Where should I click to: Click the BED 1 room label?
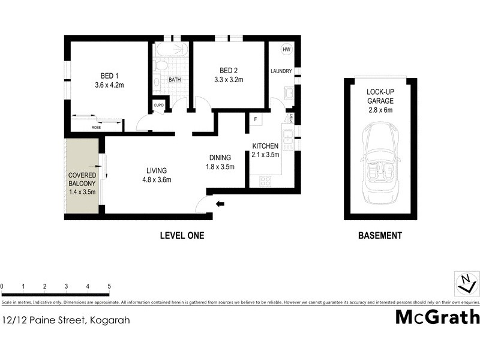[109, 76]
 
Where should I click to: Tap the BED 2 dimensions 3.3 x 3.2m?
[230, 79]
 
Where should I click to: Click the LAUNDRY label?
[281, 71]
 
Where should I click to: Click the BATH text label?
[175, 79]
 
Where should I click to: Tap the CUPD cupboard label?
[158, 105]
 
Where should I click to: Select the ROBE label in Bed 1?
[96, 128]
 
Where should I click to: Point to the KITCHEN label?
[265, 146]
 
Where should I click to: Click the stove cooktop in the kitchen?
[265, 180]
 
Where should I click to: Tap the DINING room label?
[220, 158]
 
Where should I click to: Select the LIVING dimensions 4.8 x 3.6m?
[157, 179]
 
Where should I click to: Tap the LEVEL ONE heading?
[182, 236]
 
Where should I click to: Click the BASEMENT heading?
[380, 236]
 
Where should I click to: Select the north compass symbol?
[466, 283]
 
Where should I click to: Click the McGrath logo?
[437, 317]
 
